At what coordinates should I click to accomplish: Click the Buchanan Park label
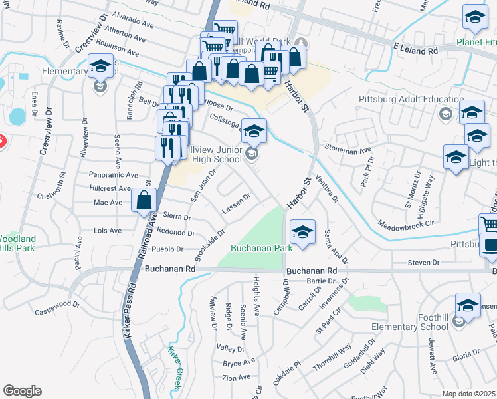coord(262,248)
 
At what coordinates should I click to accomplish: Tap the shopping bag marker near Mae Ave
coord(144,201)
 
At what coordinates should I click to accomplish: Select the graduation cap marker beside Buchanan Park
coord(302,233)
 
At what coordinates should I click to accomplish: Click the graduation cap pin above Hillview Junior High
coord(253,132)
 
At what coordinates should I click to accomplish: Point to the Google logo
coord(21,391)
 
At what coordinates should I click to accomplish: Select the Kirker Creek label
coord(174,363)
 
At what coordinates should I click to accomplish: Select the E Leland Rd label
coord(415,50)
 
